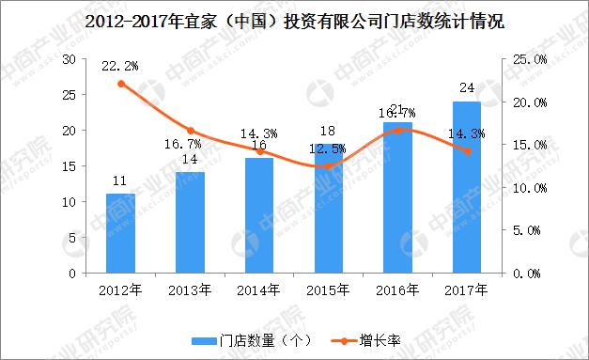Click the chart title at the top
pyautogui.click(x=294, y=20)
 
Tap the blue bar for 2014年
pyautogui.click(x=259, y=215)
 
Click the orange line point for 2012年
pyautogui.click(x=120, y=84)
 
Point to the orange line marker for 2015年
pyautogui.click(x=328, y=166)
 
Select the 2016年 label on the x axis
pyautogui.click(x=397, y=290)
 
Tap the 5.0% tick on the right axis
pyautogui.click(x=534, y=230)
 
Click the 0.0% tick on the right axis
pyautogui.click(x=534, y=274)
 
